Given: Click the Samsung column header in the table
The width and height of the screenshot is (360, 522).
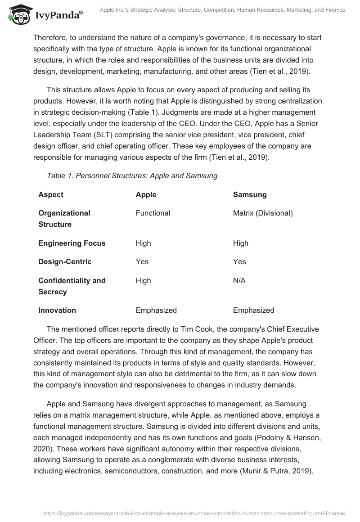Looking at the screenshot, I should pos(249,195).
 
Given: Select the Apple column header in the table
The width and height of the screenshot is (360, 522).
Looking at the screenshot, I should pos(146,195).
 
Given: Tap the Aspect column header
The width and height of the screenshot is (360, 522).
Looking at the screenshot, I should pos(51,195).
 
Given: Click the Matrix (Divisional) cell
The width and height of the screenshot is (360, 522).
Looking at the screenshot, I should pos(262,213).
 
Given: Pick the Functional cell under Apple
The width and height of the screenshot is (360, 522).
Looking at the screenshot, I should pos(153,213).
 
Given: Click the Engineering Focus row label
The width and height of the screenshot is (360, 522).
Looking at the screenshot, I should pos(72,243).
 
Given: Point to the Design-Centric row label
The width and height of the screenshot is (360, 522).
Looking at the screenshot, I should pos(65,261).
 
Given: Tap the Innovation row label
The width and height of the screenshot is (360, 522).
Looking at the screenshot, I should pos(57,310).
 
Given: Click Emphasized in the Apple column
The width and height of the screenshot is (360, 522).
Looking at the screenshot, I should pos(156,310).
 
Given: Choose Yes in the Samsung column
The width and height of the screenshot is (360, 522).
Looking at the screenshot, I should pos(239,261).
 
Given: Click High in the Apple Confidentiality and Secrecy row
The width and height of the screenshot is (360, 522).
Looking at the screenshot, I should pos(143,280).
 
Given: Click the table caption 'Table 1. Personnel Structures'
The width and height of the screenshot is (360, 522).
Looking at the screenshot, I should pos(132,176).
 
